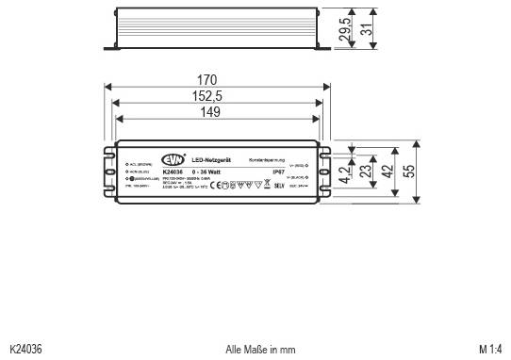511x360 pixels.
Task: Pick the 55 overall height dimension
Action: point(407,172)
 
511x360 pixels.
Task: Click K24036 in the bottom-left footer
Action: point(25,349)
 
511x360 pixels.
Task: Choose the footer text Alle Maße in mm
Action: point(261,349)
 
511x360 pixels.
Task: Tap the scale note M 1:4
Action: point(490,349)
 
